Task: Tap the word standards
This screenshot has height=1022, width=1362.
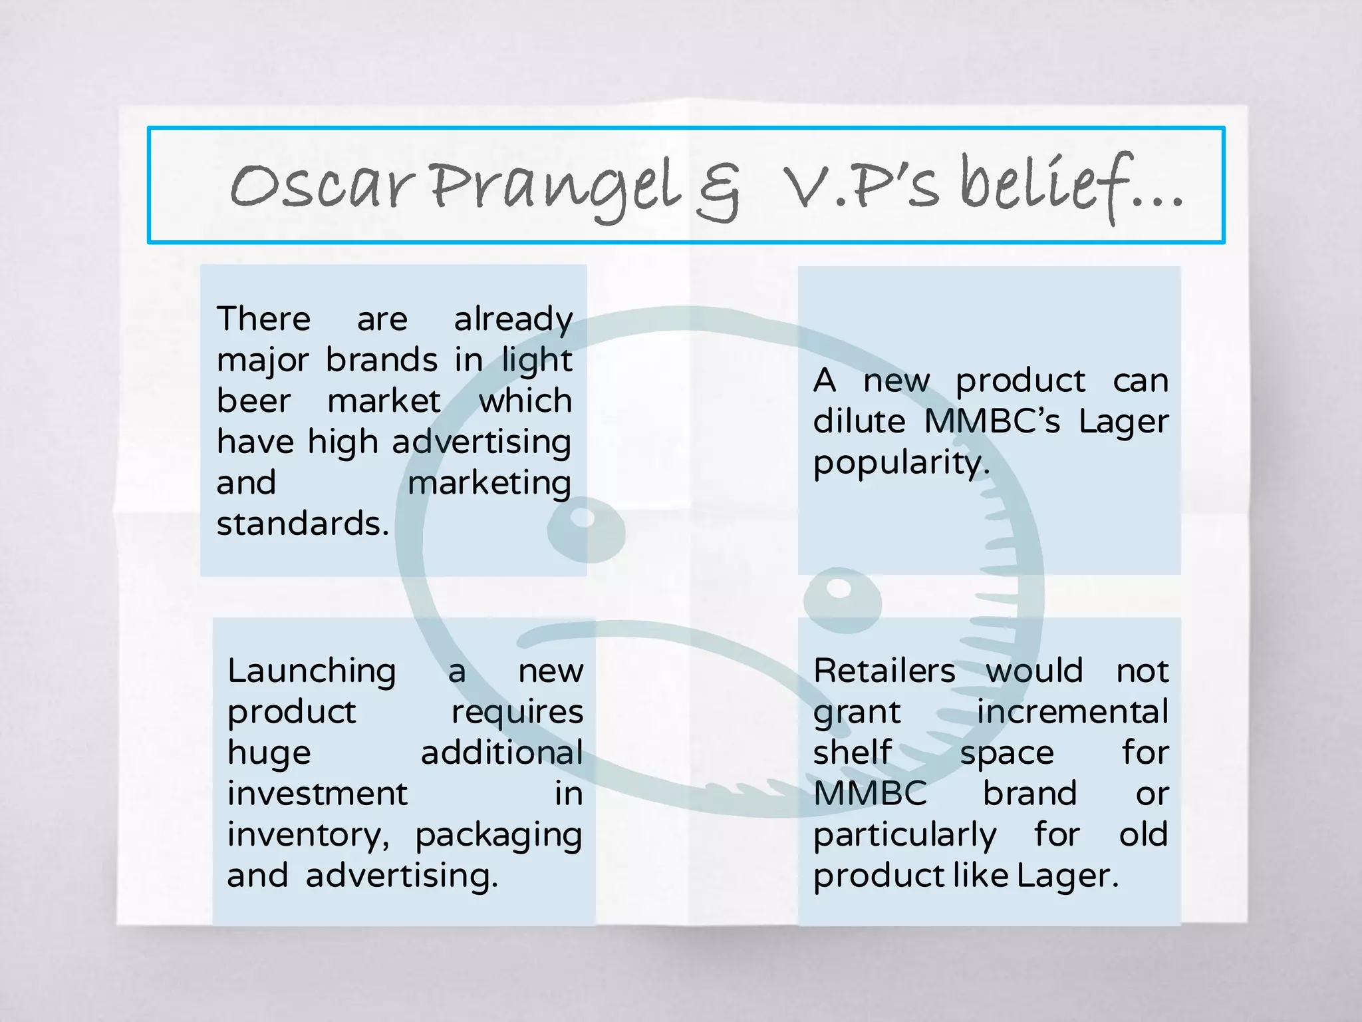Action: coord(303,524)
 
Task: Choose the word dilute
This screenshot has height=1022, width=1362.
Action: coord(859,422)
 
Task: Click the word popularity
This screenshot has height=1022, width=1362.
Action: coord(901,463)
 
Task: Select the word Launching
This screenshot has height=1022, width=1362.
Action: coord(312,671)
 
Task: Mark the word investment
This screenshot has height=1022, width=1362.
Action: coord(317,794)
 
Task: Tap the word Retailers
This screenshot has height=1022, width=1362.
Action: coord(885,671)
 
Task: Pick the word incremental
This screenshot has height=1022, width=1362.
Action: coord(1072,712)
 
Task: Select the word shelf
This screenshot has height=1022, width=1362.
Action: coord(853,753)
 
